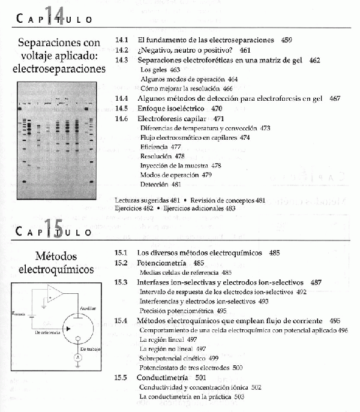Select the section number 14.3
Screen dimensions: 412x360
pos(122,61)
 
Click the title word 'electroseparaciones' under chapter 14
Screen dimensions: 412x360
pos(59,69)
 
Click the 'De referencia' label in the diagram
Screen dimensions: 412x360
pos(49,331)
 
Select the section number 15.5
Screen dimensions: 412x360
pos(122,378)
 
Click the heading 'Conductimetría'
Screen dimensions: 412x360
pos(163,378)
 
